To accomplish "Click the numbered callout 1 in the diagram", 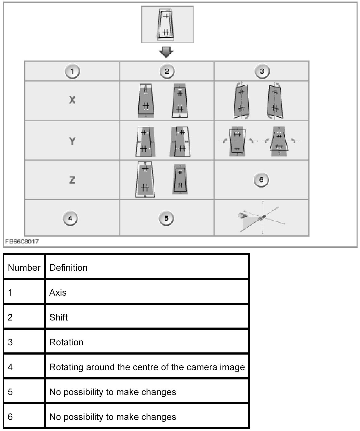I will tap(72, 72).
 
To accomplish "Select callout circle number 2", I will tap(167, 72).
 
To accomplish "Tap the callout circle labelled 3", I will tap(262, 72).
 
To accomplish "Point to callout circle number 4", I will tap(70, 218).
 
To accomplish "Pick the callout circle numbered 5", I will tap(166, 218).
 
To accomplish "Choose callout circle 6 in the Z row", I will tap(261, 180).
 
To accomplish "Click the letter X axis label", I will tap(72, 100).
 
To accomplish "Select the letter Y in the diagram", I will tap(72, 141).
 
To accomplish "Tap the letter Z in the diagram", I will tap(72, 180).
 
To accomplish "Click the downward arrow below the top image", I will tap(166, 52).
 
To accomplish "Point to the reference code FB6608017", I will tap(22, 242).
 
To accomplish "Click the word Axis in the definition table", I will tap(58, 292).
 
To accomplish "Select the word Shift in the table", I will tap(58, 317).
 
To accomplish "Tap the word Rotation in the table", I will tap(66, 342).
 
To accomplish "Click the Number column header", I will tap(24, 267).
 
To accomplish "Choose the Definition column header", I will tap(68, 267).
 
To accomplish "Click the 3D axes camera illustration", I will tap(261, 218).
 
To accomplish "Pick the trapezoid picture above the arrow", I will tap(167, 24).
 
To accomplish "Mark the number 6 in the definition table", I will tap(10, 417).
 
